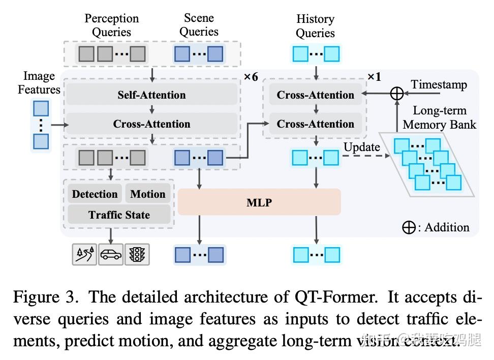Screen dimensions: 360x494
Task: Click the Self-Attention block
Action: (151, 95)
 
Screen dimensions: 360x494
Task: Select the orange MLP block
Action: (259, 202)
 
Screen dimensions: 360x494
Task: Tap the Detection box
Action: (95, 194)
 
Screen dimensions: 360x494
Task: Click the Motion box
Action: (147, 194)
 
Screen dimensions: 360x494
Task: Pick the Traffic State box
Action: (119, 215)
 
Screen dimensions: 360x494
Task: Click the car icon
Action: (111, 254)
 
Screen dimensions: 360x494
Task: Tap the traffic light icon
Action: (137, 254)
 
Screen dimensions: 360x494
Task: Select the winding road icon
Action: (84, 254)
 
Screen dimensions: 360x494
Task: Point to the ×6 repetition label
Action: (251, 77)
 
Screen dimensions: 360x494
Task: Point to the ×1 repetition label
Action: (374, 77)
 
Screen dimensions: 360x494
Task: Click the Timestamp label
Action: (439, 84)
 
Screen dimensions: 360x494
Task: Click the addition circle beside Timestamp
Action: (396, 94)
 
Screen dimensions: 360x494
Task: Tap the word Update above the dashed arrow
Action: (361, 147)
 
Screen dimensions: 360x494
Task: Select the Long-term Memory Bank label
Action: (439, 117)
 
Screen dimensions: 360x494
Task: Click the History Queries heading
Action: (315, 26)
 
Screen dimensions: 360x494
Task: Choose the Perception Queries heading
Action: (111, 25)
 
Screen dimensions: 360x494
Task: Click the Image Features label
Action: (39, 83)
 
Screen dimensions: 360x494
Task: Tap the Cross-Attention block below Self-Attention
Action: (151, 124)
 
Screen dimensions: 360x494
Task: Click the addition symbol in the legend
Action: (409, 227)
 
